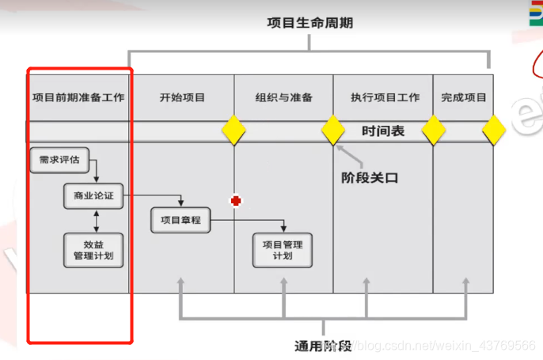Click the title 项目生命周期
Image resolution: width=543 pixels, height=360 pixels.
310,23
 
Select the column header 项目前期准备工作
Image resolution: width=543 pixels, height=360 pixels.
78,98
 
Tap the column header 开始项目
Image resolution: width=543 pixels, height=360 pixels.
182,98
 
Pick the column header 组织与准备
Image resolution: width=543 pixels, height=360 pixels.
283,98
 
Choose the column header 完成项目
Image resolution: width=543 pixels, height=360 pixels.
464,98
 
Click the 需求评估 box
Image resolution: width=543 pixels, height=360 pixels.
59,160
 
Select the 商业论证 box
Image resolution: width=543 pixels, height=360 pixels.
93,196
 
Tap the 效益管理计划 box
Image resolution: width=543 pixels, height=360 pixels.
93,250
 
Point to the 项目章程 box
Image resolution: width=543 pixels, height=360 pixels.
180,220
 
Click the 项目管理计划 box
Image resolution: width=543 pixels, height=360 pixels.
283,250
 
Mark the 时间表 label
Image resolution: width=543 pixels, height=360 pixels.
383,131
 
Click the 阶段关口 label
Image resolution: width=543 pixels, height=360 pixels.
370,178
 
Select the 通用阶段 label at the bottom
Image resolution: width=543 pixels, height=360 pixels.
323,346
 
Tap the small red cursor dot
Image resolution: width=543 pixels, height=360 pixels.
235,201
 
